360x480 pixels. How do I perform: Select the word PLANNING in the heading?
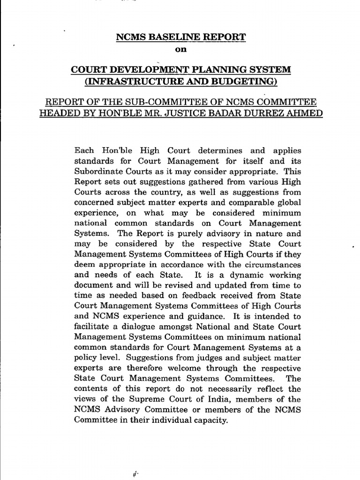click(x=208, y=70)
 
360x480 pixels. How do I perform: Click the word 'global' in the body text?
click(x=289, y=202)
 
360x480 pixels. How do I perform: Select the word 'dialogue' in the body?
click(x=145, y=326)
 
